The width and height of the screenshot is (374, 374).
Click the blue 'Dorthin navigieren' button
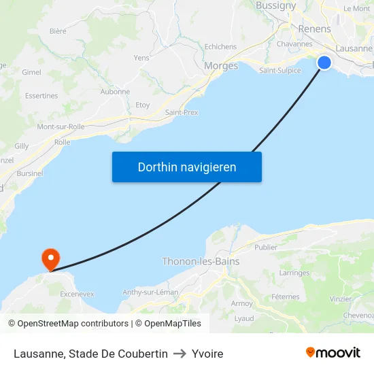coord(187,167)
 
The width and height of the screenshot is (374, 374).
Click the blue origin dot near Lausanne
coord(324,63)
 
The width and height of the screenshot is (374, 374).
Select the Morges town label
coord(221,66)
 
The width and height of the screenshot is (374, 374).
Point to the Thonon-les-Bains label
coord(201,261)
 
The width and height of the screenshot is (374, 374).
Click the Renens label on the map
coord(314,29)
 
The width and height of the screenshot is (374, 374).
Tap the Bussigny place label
coord(275,5)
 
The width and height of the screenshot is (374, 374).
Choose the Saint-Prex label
coord(182,112)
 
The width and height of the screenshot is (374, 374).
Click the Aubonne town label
coord(115,92)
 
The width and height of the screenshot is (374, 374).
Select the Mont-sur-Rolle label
coord(61,126)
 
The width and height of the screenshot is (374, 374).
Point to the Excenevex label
coord(77,294)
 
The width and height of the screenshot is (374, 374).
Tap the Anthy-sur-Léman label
coord(150,292)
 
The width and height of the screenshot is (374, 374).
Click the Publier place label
coord(266,248)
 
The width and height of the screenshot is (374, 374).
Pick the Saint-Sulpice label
coord(279,70)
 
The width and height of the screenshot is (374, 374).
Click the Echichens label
coord(220,46)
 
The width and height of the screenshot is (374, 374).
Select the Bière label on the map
coord(58,31)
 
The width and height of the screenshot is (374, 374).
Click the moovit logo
coord(333,352)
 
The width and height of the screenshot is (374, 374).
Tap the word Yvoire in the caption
coord(207,354)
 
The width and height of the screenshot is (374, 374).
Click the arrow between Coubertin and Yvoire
coord(180,354)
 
